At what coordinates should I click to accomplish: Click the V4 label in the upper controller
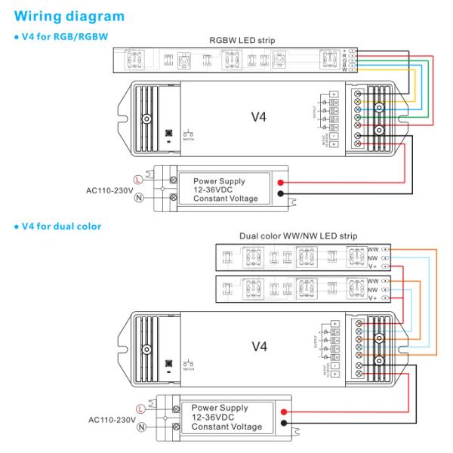pos(259,118)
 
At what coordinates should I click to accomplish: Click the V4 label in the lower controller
pos(259,346)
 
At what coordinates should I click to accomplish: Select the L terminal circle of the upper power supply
pos(137,179)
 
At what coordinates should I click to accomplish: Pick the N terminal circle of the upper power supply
pos(137,198)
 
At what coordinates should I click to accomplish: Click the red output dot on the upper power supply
pos(280,183)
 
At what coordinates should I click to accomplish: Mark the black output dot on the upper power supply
pos(280,194)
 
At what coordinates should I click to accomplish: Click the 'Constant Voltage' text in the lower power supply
pos(225,427)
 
